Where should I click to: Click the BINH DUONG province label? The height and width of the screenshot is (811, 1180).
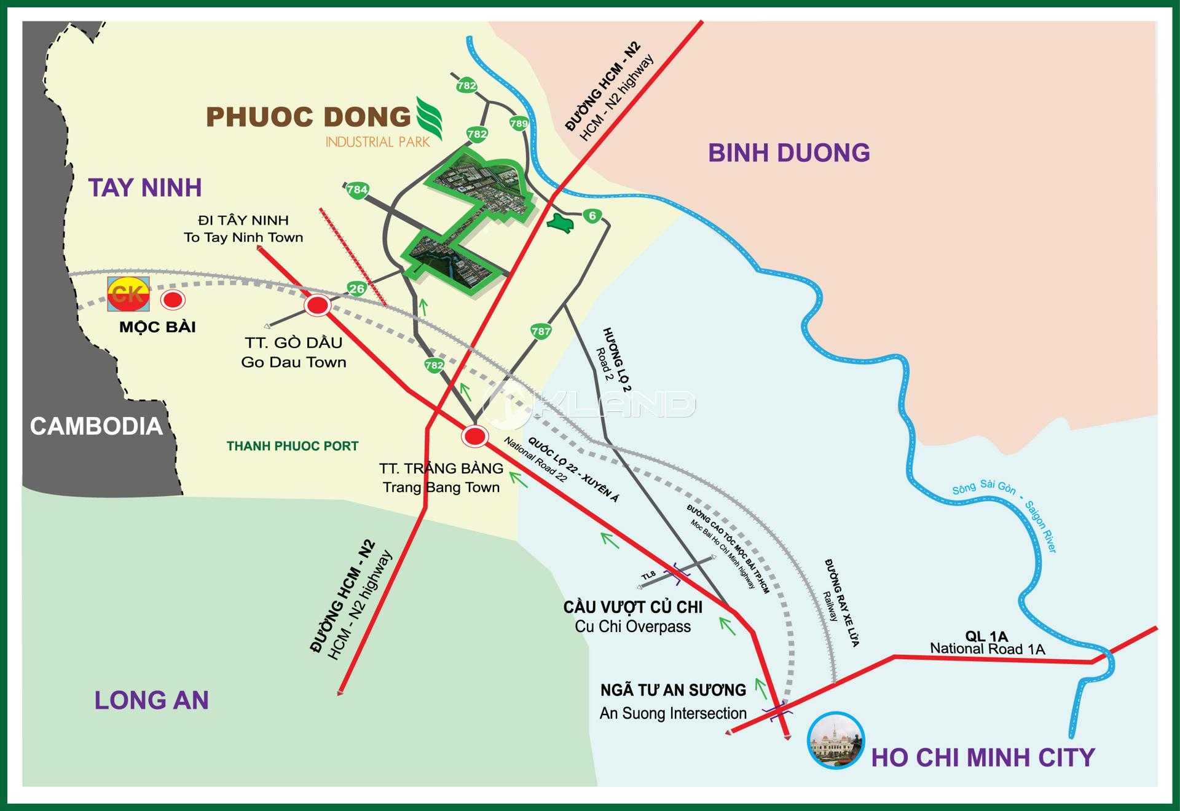[x=789, y=152]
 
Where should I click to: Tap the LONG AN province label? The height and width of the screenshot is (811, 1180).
[x=151, y=700]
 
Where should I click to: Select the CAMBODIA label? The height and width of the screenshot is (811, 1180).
[x=96, y=426]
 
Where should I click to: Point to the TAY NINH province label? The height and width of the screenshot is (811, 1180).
[x=145, y=188]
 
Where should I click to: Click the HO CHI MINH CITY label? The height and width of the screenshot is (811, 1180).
[x=983, y=757]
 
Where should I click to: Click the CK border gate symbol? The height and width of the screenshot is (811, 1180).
[x=128, y=294]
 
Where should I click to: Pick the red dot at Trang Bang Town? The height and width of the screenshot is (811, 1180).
[x=474, y=436]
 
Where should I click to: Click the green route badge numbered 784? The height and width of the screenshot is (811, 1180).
[x=357, y=189]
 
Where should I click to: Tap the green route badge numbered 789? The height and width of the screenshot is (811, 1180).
[x=519, y=124]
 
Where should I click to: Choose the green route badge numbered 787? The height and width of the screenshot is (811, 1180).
[x=541, y=331]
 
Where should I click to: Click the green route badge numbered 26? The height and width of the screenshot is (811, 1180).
[x=356, y=288]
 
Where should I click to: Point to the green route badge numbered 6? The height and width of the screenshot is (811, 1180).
[x=592, y=216]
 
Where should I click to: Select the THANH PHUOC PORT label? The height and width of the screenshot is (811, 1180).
[x=292, y=446]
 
